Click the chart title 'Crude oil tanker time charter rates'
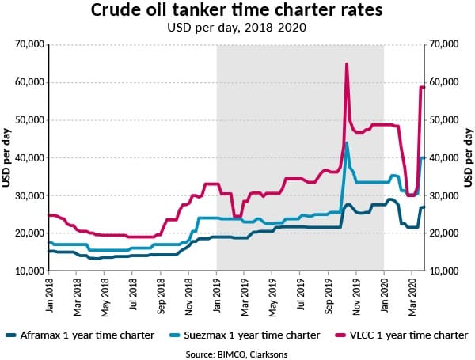click(x=237, y=12)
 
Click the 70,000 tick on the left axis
click(x=30, y=44)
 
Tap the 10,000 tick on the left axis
click(x=30, y=271)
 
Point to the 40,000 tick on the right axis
click(x=446, y=157)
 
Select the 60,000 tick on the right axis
click(x=446, y=82)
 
